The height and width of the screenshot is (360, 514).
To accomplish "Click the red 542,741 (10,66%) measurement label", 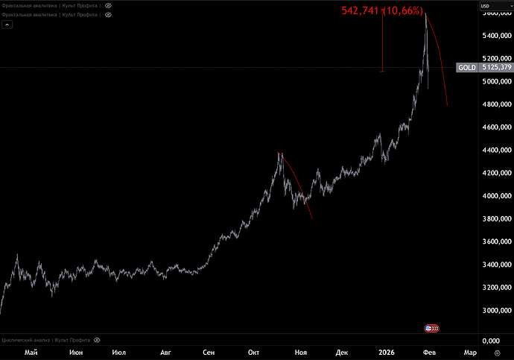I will pos(383,10).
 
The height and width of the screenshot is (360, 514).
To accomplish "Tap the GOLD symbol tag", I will pos(467,68).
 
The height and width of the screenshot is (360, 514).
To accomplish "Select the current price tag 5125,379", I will pos(495,68).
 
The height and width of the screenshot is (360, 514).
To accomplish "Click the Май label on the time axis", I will pos(31,351).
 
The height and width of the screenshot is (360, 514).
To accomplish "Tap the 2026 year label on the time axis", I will pos(386,351).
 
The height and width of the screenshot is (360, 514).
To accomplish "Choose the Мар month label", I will pos(470,351).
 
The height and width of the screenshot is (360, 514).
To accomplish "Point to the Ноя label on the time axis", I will pos(301,351).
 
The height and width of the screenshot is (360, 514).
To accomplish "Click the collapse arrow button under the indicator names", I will pos(8,24).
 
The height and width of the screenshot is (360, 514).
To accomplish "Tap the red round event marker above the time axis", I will pos(431,328).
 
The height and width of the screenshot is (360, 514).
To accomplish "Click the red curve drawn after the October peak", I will pos(298,186).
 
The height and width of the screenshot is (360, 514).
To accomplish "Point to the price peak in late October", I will pos(279,154).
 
